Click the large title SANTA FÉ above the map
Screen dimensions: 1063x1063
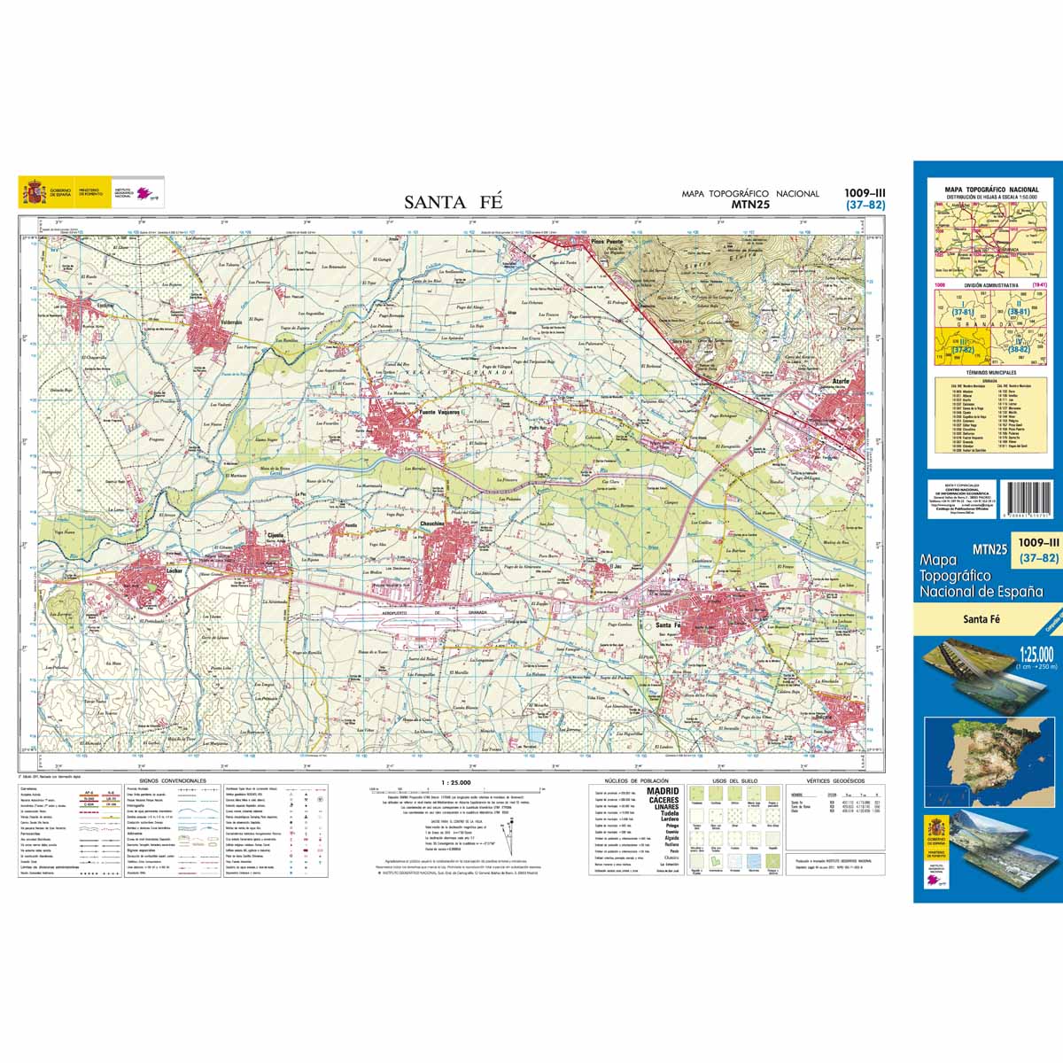pyautogui.click(x=454, y=202)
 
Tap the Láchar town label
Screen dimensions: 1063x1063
pyautogui.click(x=175, y=573)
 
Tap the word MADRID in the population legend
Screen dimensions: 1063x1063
pyautogui.click(x=663, y=791)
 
